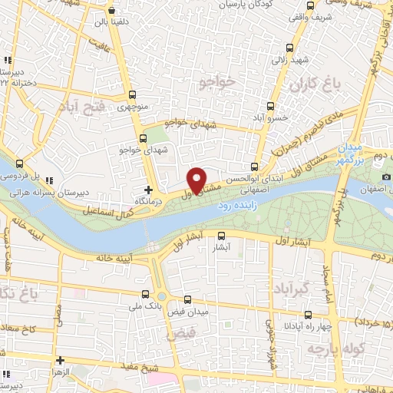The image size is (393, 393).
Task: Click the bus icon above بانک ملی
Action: point(146,294)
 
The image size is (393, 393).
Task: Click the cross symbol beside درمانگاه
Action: point(148,188)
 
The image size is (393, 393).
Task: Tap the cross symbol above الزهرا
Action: point(60,359)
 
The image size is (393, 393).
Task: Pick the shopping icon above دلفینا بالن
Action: point(112,12)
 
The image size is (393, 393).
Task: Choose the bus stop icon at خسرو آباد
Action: point(269,106)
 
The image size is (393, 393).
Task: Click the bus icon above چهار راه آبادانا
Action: point(309,314)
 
